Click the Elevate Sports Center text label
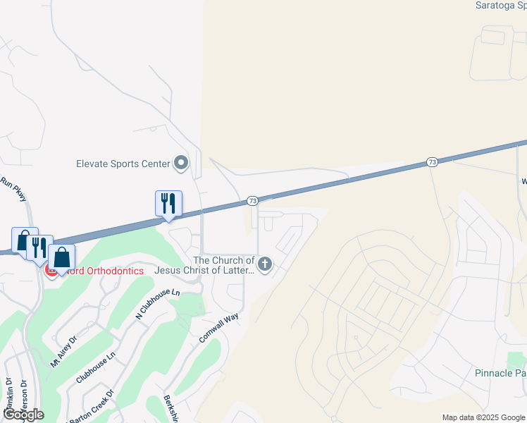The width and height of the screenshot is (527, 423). tap(123, 164)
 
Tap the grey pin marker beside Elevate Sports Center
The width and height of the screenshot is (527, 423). tap(182, 164)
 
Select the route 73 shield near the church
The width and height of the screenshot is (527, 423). tap(252, 201)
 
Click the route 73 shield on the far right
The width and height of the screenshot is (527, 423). tap(432, 163)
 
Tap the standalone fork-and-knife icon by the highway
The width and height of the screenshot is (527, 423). tap(168, 204)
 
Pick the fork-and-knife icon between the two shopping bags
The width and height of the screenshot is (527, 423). tap(39, 247)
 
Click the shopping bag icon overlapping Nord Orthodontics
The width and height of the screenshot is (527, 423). tap(61, 259)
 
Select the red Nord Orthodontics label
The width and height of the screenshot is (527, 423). tap(101, 271)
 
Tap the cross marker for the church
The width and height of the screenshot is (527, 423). tap(265, 265)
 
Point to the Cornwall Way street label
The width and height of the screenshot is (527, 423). tap(219, 328)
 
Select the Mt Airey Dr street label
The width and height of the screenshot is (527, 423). tap(63, 352)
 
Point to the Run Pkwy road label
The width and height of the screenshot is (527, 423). tap(13, 189)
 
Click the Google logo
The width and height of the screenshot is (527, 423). tap(23, 415)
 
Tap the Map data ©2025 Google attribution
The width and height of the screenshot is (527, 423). tap(483, 417)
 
